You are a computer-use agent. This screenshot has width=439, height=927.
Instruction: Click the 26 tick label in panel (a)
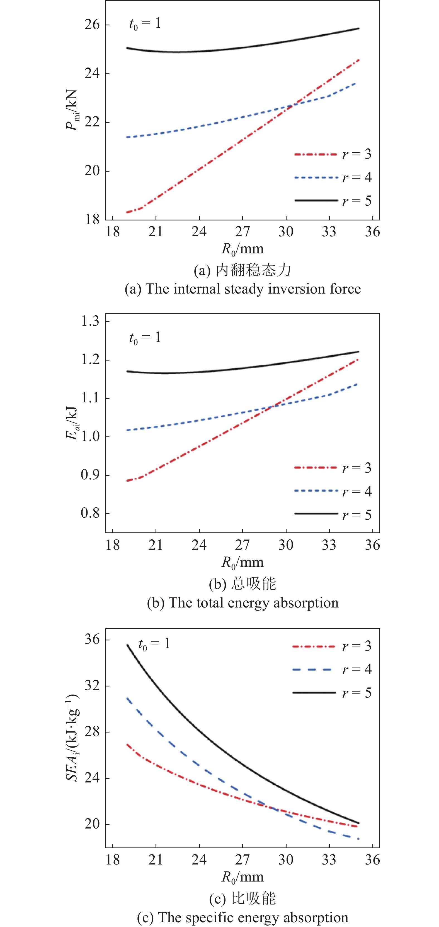click(92, 25)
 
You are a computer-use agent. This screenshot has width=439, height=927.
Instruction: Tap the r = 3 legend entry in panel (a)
click(332, 154)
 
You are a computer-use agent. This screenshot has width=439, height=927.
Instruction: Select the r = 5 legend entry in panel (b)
click(332, 515)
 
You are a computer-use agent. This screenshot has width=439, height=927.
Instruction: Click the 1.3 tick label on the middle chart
click(90, 321)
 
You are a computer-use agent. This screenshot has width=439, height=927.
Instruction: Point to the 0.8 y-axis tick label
click(90, 513)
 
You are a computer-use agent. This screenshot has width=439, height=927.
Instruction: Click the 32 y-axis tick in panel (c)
click(92, 686)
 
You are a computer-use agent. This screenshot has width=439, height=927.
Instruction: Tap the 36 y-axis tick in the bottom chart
click(92, 640)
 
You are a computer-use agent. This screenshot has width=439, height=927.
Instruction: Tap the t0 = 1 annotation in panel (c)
click(154, 644)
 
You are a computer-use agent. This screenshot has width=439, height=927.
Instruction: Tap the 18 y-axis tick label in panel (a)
click(92, 219)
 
